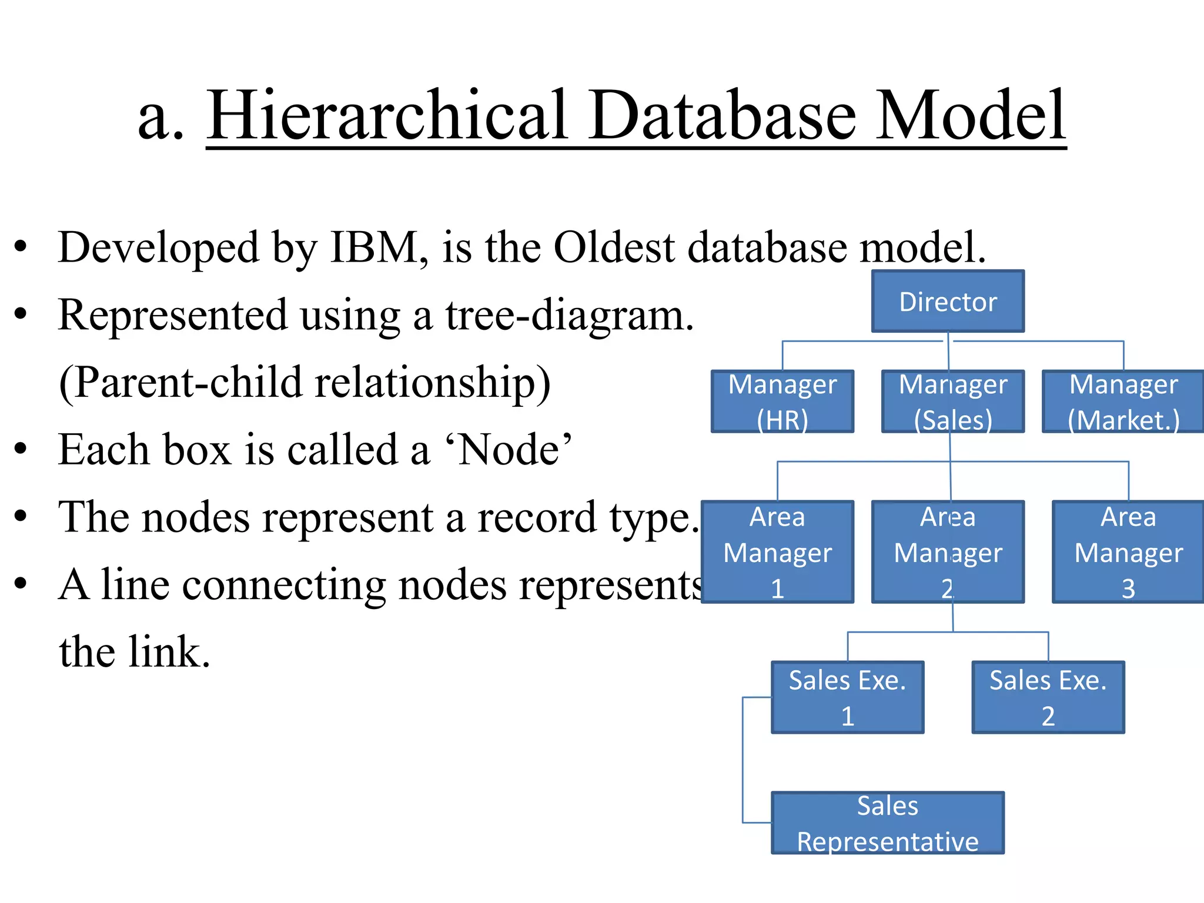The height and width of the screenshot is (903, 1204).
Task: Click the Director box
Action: click(x=948, y=302)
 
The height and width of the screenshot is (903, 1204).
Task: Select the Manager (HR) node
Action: click(x=782, y=402)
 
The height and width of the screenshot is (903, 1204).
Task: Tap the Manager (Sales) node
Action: click(x=953, y=402)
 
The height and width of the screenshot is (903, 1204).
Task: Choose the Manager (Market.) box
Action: click(x=1123, y=402)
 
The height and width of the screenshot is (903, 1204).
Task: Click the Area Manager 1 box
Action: click(x=777, y=551)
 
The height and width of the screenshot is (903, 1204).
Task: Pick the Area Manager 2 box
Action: click(x=948, y=551)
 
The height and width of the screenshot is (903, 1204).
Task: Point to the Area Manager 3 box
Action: click(x=1128, y=551)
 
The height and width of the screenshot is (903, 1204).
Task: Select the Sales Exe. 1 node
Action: click(x=847, y=697)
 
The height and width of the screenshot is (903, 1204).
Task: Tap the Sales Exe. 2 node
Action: click(x=1048, y=697)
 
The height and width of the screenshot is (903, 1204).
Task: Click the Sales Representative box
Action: click(x=887, y=822)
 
